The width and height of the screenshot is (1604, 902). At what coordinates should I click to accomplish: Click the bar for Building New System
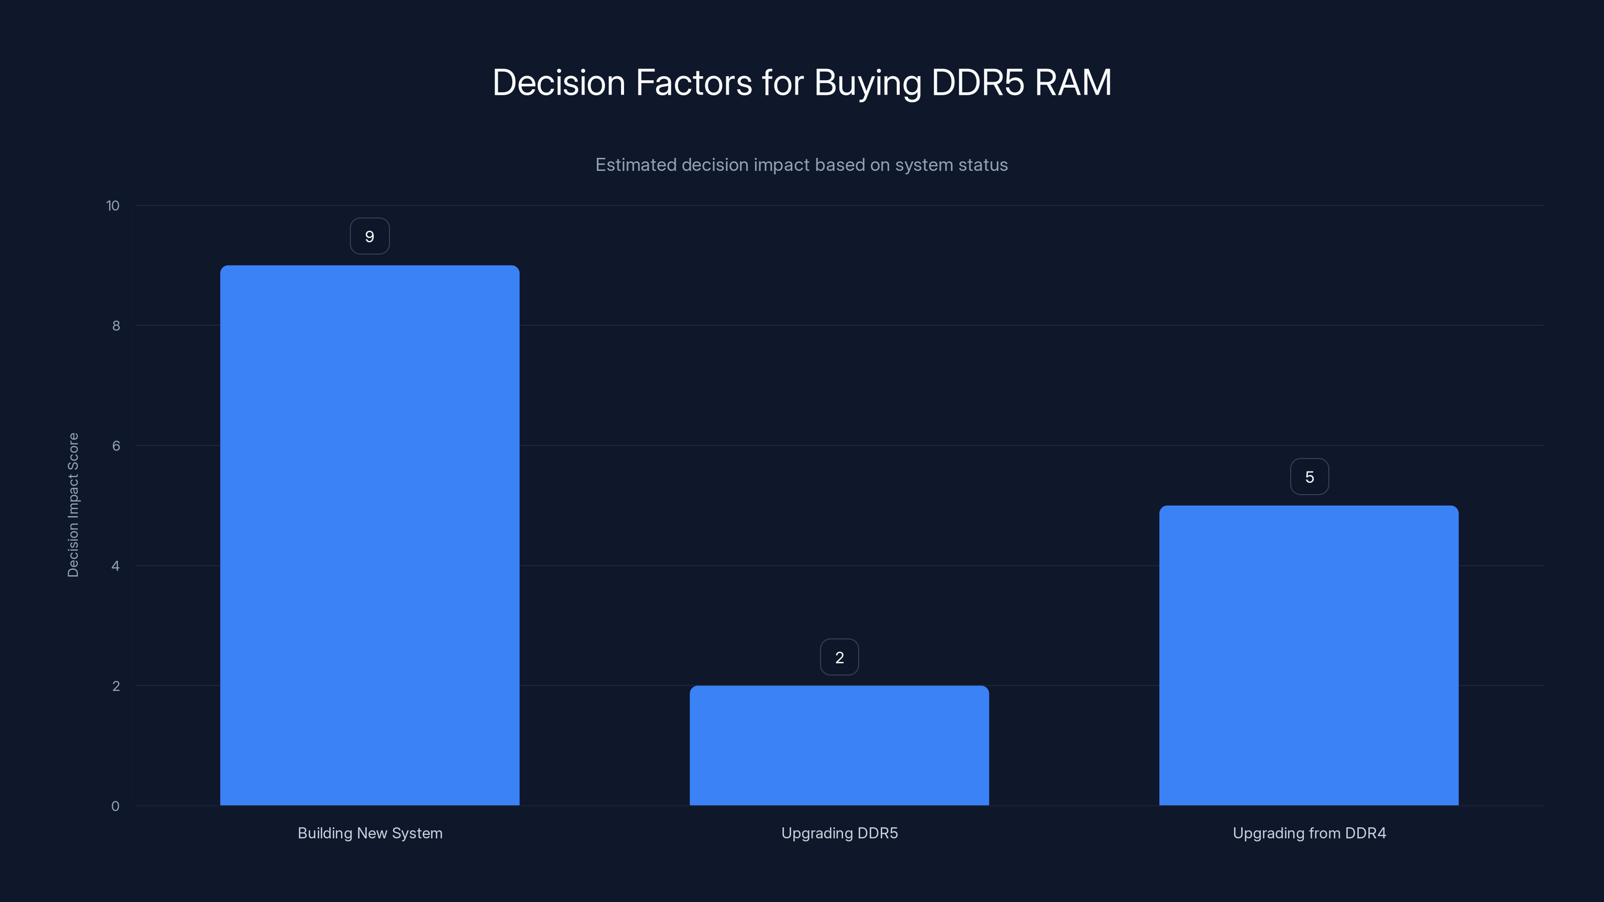[369, 535]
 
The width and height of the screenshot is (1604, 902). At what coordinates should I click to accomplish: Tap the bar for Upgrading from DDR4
[1308, 655]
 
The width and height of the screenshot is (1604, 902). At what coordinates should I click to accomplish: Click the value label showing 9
[369, 237]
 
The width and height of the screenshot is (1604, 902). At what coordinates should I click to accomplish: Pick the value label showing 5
[1309, 477]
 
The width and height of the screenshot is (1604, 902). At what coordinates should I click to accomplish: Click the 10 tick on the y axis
[113, 206]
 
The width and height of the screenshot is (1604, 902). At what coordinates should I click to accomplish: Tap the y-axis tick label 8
[116, 326]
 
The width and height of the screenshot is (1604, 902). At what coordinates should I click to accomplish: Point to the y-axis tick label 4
[115, 566]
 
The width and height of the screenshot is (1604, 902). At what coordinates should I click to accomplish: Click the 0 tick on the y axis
[115, 807]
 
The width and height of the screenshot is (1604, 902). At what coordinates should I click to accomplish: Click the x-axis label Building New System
[370, 833]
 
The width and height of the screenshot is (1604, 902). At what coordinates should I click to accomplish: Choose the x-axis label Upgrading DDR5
[840, 833]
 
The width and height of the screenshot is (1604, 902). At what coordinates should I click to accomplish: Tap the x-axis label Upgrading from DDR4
[1309, 833]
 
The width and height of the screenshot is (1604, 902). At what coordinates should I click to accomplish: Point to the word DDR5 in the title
[977, 83]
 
